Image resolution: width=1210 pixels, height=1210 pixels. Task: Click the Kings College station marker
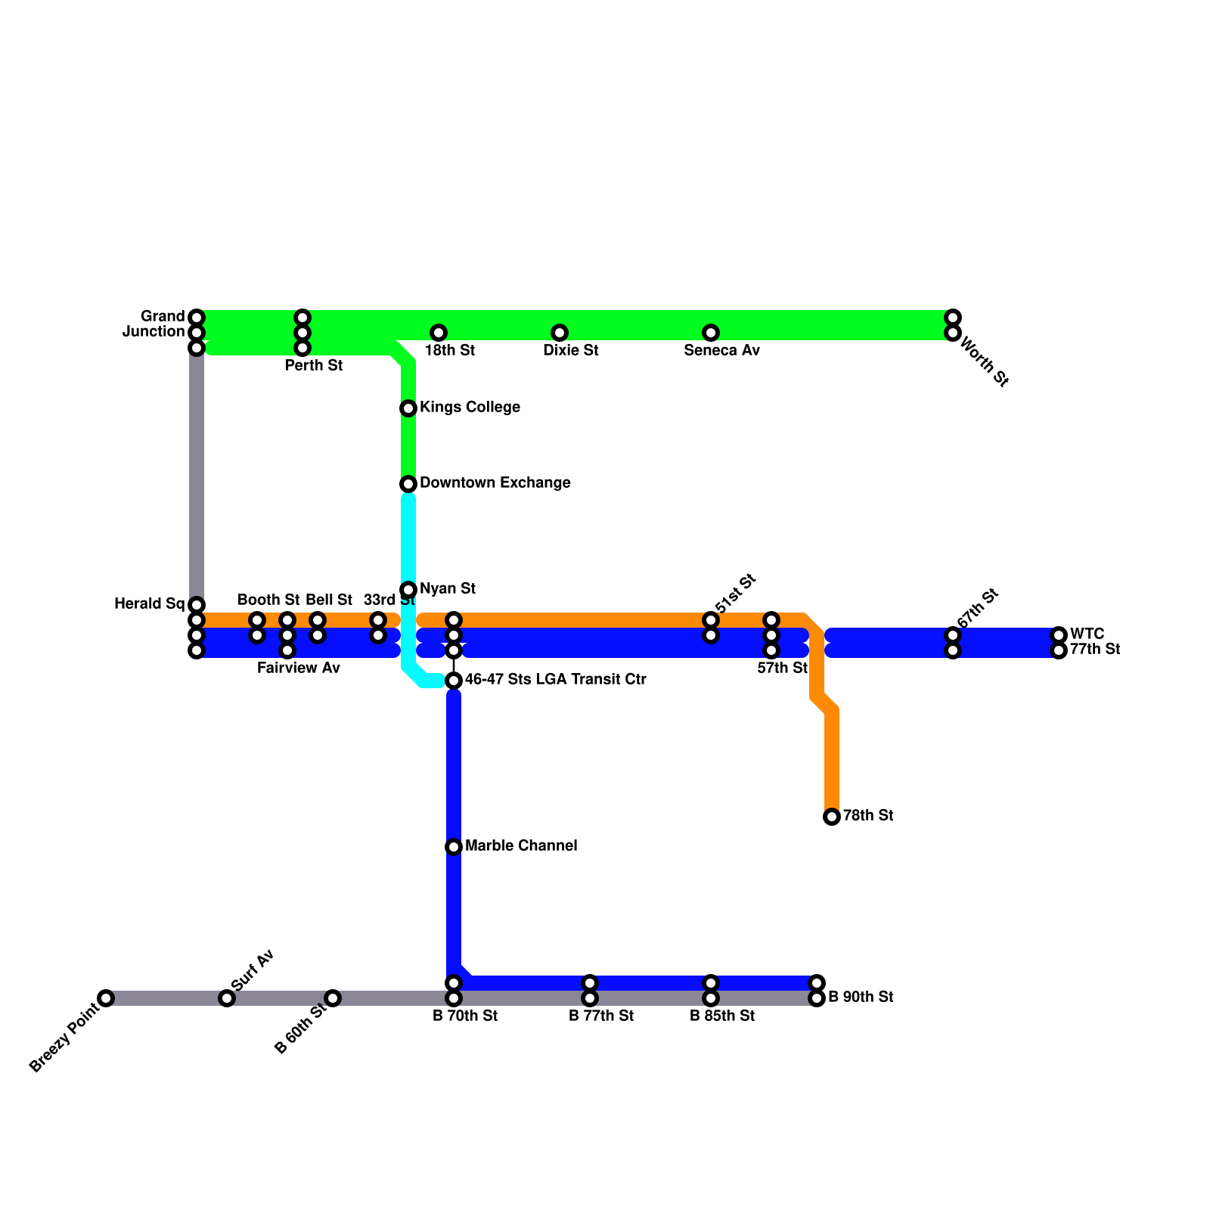408,408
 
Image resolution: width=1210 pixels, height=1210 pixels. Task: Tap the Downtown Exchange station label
495,483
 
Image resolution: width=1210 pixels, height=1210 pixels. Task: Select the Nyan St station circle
408,589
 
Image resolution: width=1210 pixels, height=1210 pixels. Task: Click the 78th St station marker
832,817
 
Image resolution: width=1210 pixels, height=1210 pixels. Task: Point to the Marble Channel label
521,846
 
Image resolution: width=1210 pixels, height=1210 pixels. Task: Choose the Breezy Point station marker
107,998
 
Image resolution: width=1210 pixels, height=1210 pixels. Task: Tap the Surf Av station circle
227,998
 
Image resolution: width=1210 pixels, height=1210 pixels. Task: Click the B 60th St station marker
333,998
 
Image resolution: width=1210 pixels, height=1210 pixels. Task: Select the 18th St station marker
439,333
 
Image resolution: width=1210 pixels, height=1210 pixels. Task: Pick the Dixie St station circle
560,333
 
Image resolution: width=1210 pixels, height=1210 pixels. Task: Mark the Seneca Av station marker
711,333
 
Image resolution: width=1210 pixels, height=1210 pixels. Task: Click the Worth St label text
984,362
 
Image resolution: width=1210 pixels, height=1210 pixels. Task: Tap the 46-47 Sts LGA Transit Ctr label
555,680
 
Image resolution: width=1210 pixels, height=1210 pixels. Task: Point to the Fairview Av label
299,669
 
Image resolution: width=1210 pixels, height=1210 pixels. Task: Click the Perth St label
314,366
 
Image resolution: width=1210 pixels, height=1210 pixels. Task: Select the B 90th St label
861,997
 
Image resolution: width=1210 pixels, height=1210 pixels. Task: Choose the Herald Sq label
150,604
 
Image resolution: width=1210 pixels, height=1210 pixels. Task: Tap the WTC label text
1087,634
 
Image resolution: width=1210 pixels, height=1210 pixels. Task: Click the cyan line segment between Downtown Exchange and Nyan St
408,537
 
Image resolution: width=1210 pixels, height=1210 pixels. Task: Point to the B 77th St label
601,1016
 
